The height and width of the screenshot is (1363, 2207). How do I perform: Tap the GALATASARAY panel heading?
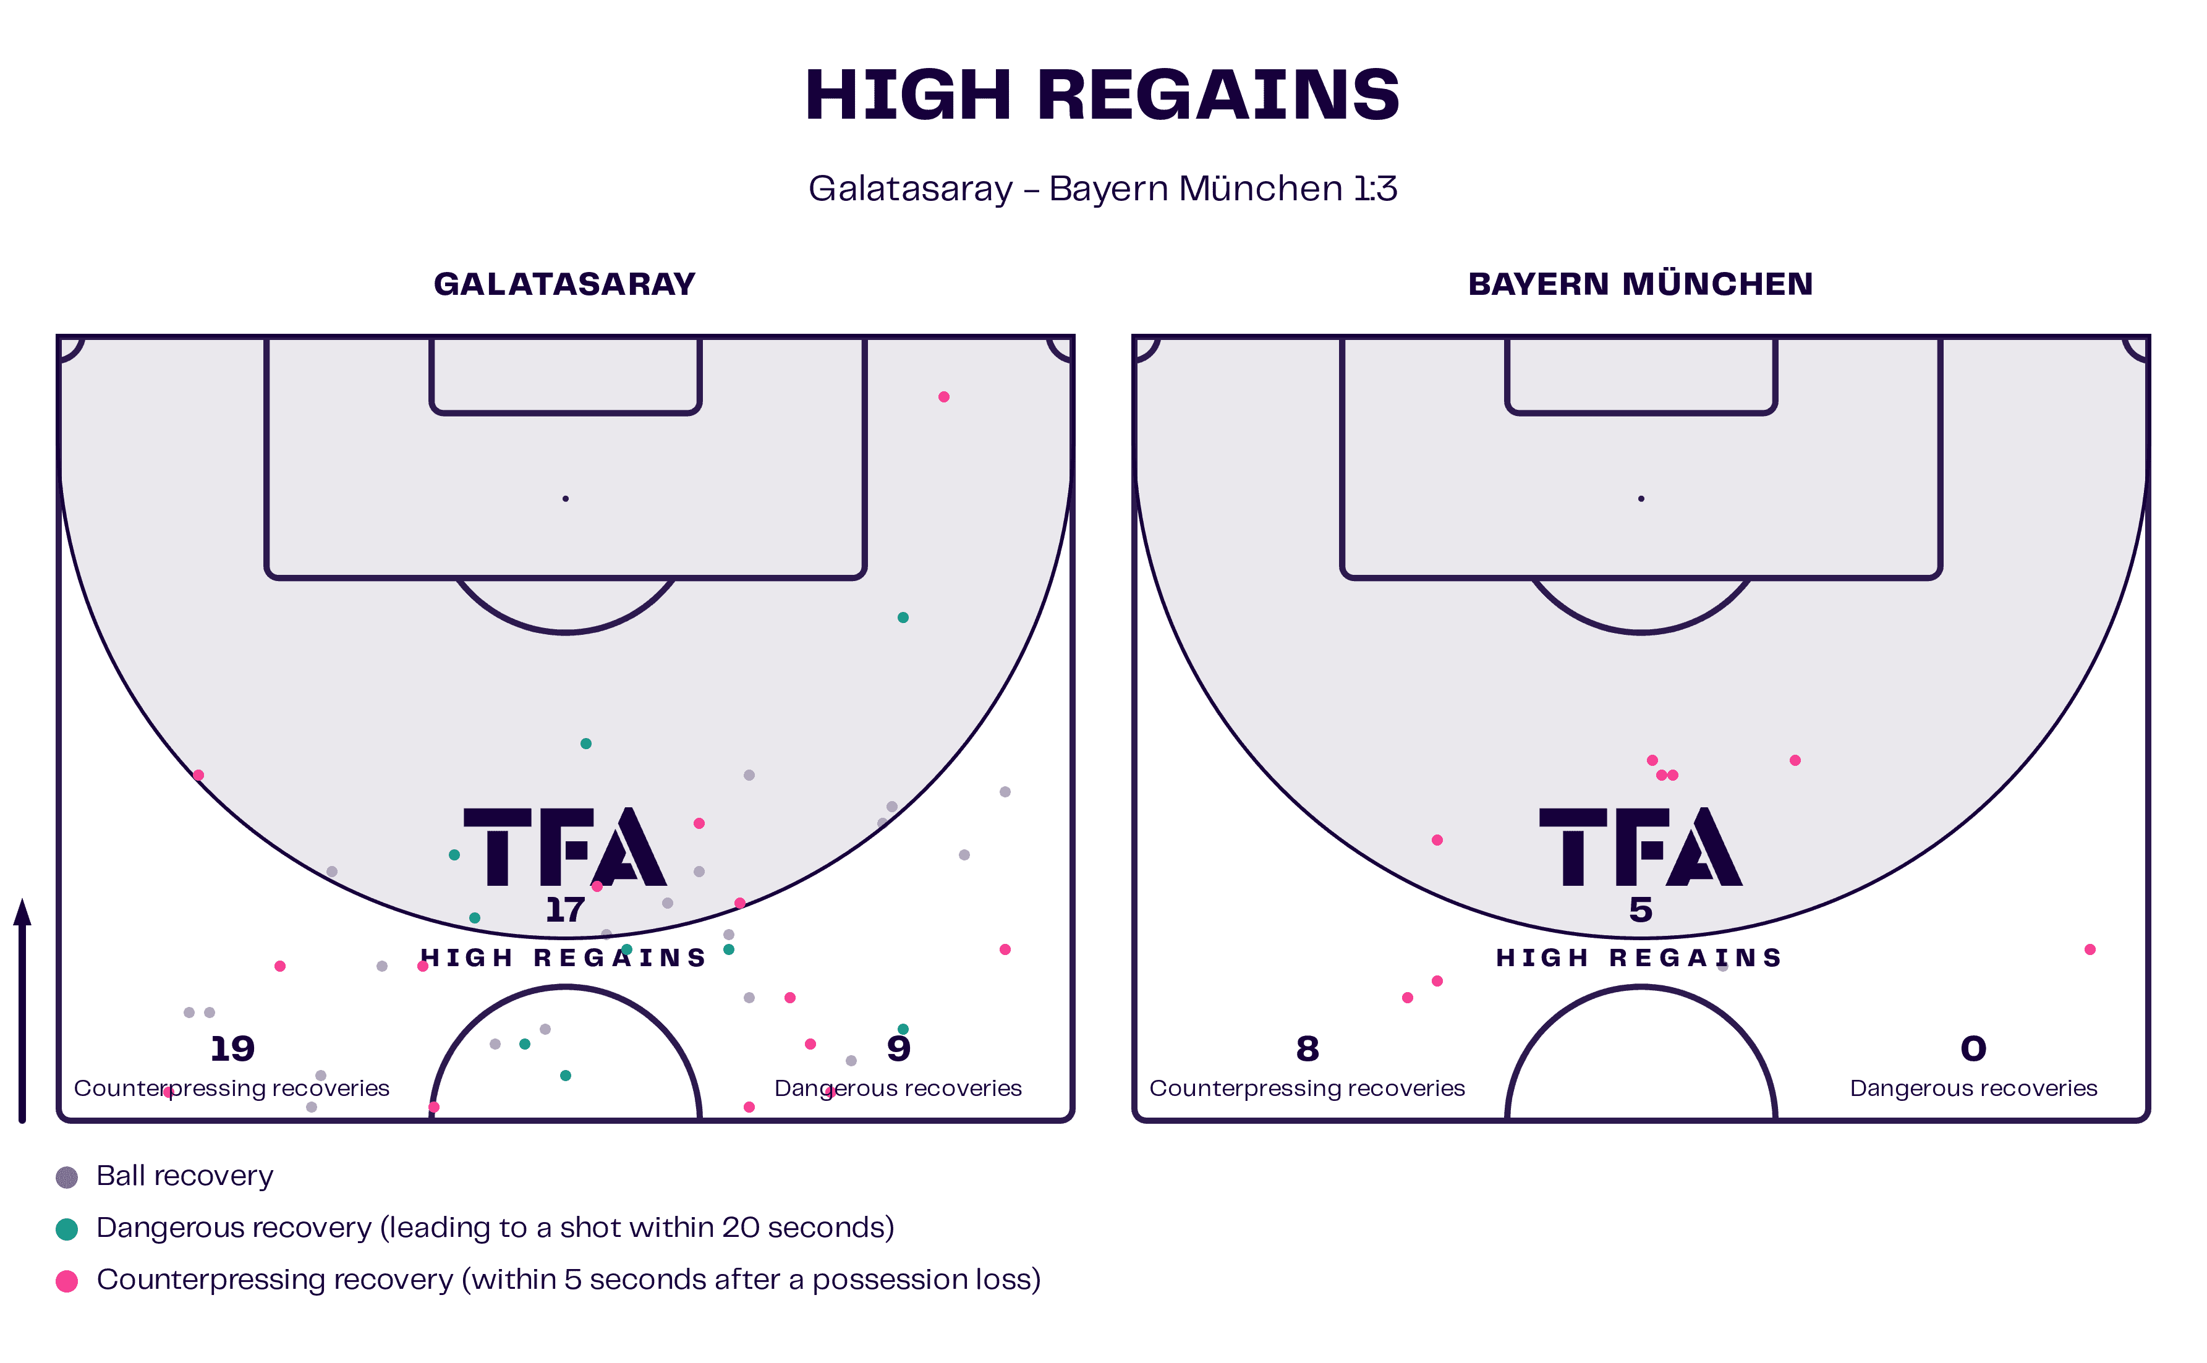564,284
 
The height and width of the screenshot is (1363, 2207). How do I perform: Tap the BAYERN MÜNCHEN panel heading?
1640,284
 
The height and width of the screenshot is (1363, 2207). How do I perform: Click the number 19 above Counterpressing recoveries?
232,1048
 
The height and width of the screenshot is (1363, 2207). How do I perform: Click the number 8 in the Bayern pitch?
1308,1048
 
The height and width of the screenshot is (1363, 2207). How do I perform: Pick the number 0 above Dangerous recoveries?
1973,1048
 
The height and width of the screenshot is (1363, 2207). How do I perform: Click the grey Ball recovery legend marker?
67,1178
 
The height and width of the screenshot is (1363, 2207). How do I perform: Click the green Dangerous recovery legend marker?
67,1229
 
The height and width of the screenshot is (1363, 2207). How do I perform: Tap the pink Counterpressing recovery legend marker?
67,1281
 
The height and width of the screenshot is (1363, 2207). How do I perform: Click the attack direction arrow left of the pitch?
22,1009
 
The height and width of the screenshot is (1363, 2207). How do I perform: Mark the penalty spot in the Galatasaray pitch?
565,498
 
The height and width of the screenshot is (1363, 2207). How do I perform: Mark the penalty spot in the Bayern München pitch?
1641,498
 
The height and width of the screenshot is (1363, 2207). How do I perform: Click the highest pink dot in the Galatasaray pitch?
944,397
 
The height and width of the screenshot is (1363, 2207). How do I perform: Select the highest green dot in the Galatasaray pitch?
903,618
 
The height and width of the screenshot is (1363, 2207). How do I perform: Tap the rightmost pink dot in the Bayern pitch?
2090,949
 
